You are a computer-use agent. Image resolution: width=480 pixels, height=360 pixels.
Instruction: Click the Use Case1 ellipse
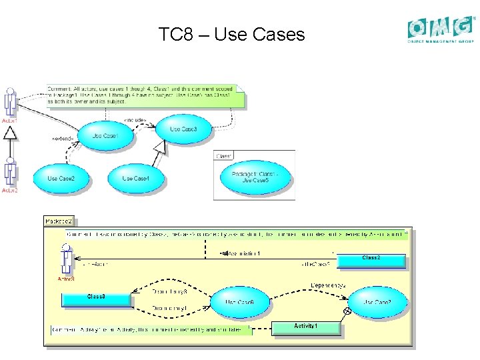105,136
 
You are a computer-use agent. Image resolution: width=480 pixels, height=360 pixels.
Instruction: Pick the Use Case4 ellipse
135,179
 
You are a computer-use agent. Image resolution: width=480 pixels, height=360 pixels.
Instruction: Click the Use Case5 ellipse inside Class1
255,177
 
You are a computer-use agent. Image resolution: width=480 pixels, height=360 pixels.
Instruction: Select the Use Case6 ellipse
240,303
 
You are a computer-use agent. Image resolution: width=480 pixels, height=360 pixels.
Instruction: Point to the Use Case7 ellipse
377,303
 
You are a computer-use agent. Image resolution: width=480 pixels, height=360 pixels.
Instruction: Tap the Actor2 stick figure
9,172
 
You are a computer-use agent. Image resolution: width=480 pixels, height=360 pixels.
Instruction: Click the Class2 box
371,259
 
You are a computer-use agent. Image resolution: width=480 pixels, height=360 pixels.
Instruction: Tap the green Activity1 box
305,327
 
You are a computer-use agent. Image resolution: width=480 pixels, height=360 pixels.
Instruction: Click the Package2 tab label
59,221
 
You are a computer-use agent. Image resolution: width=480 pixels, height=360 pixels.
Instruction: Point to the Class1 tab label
224,155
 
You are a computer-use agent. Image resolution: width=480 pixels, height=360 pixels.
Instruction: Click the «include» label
135,121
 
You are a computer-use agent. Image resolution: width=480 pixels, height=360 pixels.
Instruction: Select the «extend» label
63,139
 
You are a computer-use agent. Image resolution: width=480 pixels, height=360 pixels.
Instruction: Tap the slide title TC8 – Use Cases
231,34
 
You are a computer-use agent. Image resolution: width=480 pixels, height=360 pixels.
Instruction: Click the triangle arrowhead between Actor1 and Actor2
9,133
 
